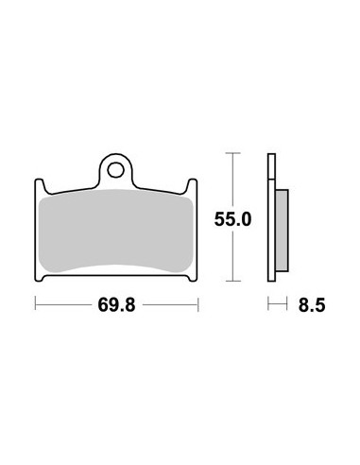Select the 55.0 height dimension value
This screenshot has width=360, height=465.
point(231,219)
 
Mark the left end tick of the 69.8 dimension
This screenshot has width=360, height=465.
point(36,305)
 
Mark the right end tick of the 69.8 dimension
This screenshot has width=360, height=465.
point(198,305)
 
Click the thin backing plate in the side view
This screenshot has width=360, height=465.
point(272,217)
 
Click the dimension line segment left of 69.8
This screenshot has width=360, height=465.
point(66,305)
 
